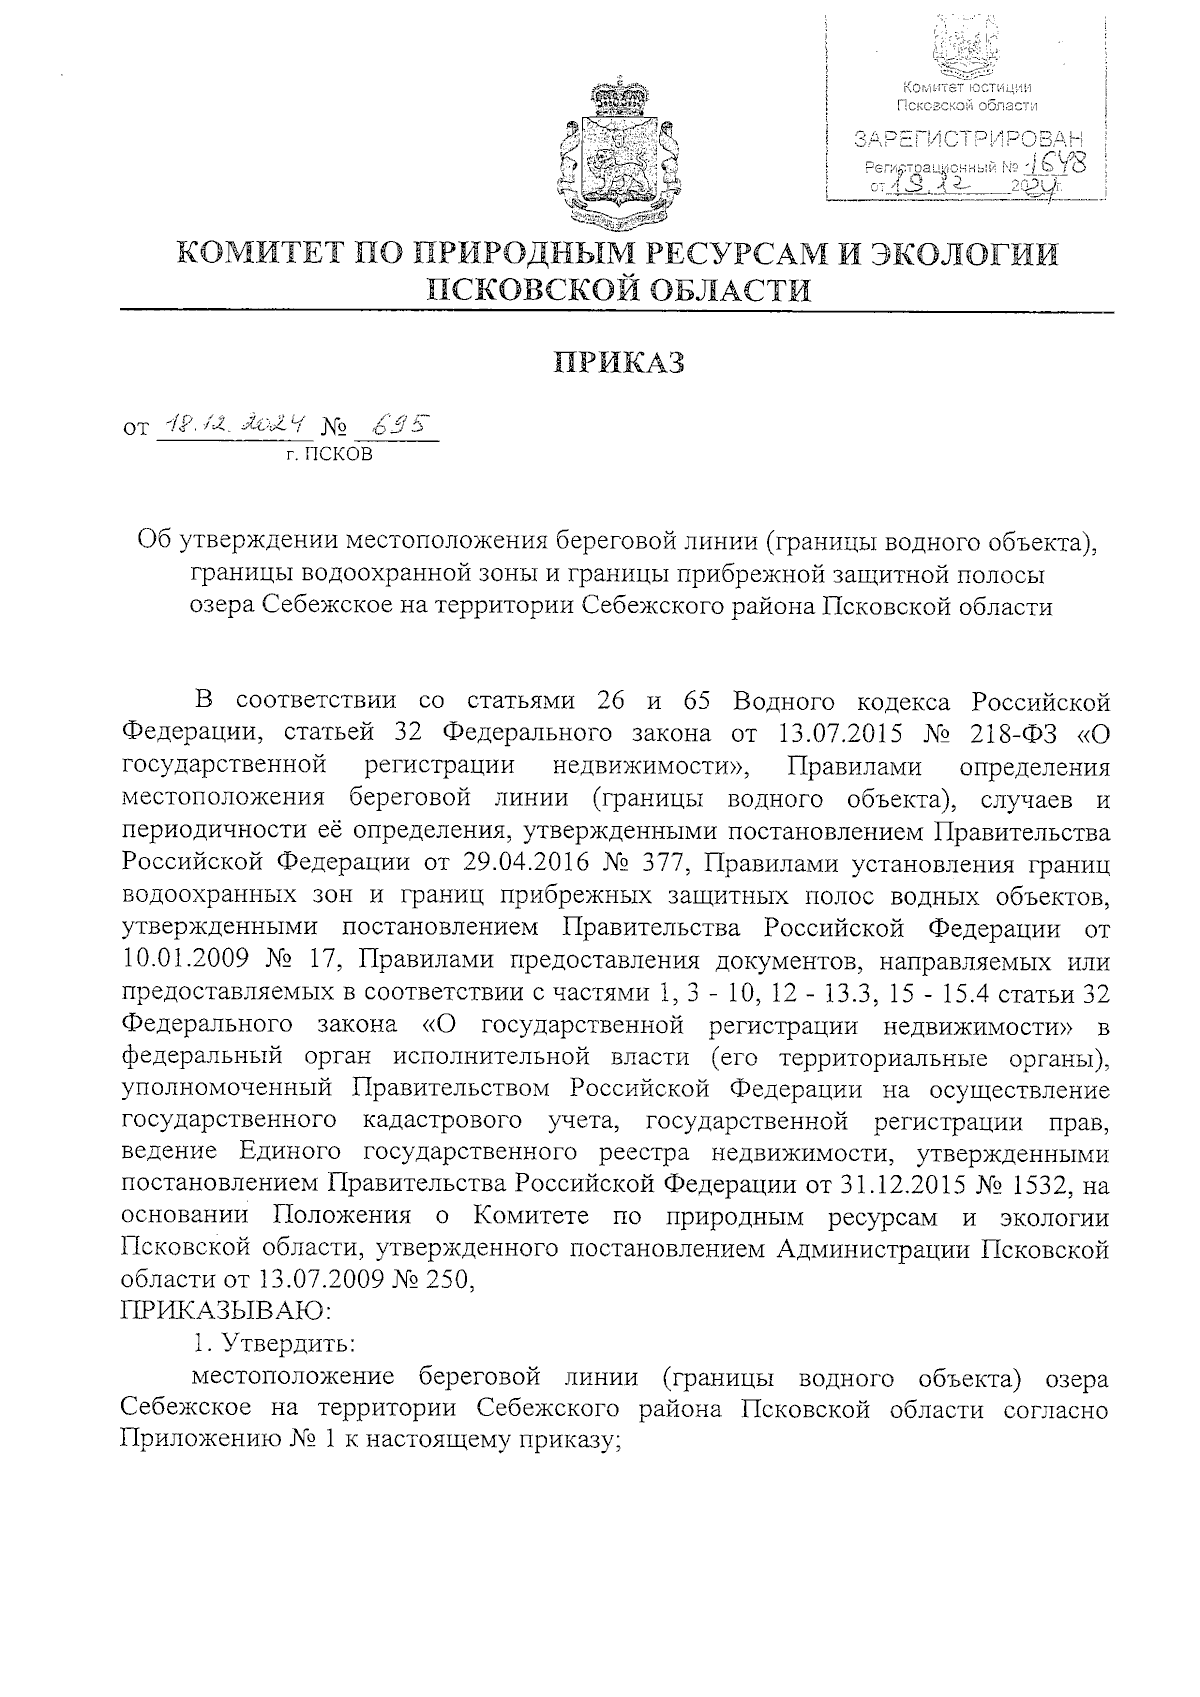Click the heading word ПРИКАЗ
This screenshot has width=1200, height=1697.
pos(620,363)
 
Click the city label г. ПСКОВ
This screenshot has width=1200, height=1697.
pos(328,455)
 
